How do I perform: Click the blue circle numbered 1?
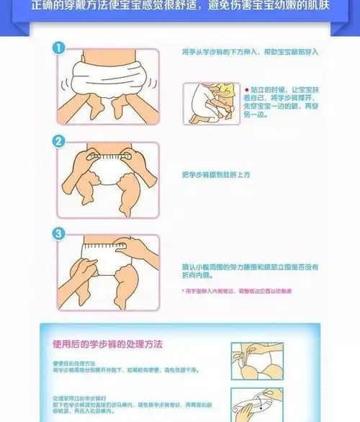pyautogui.click(x=60, y=49)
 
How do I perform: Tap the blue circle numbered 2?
pyautogui.click(x=60, y=142)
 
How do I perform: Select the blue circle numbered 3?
pyautogui.click(x=60, y=233)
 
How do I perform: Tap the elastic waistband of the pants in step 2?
pyautogui.click(x=108, y=156)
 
